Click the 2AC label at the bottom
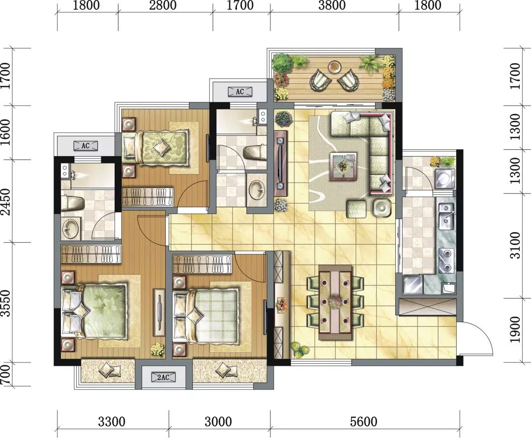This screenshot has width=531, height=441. [x=163, y=377]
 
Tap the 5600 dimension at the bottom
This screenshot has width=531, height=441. [x=364, y=422]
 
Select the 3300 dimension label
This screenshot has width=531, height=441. [x=112, y=422]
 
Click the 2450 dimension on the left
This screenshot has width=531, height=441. [x=5, y=200]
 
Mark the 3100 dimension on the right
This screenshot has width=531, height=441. [x=515, y=245]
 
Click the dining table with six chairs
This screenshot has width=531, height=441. [x=335, y=302]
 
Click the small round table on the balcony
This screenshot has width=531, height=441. [x=334, y=65]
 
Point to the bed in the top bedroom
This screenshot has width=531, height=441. [x=156, y=147]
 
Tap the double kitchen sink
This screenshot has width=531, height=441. [x=446, y=216]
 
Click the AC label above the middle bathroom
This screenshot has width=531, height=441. [x=239, y=91]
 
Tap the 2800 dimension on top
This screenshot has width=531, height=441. [x=165, y=6]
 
